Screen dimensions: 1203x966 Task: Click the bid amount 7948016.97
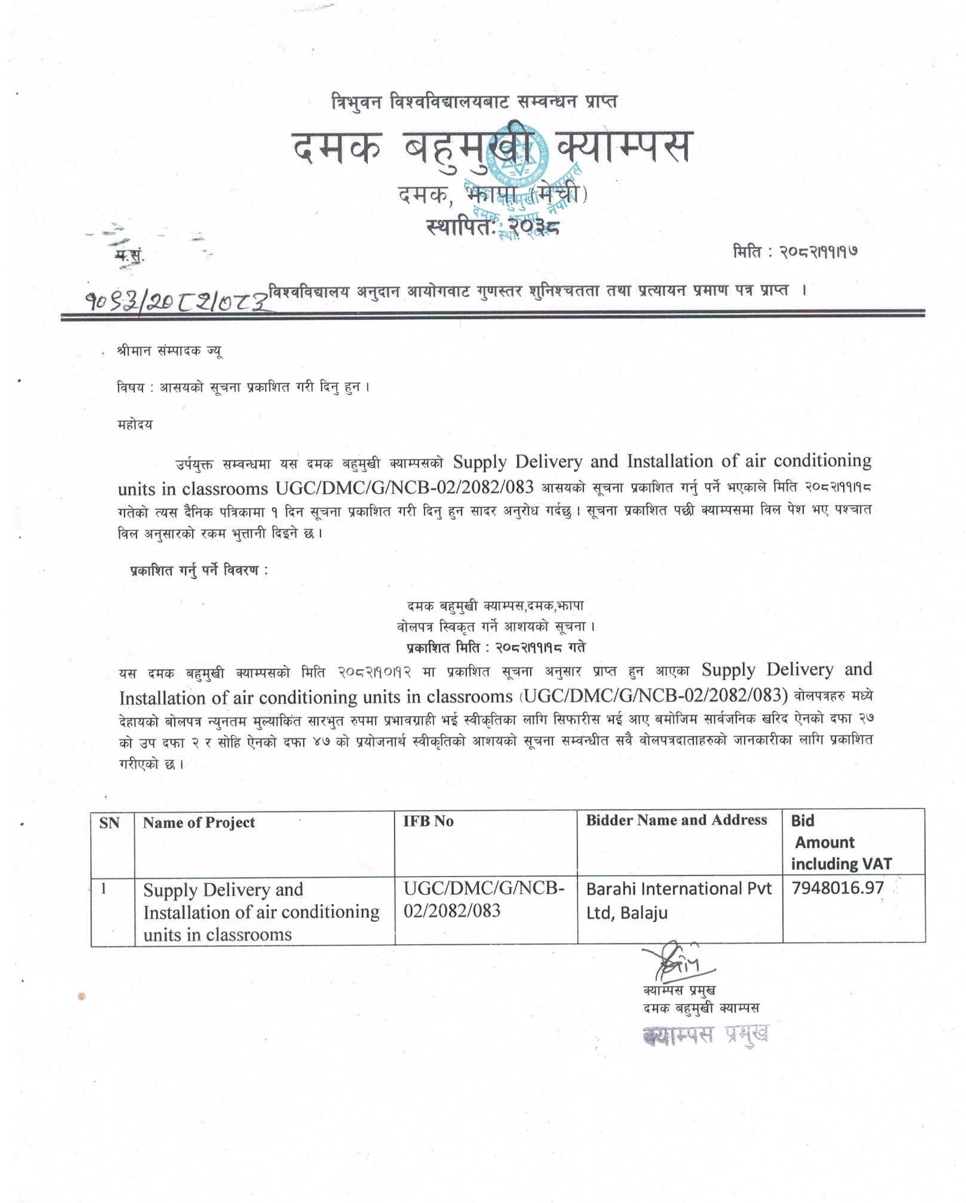(837, 888)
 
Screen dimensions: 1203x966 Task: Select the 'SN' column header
(109, 824)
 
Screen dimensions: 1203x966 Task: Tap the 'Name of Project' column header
(199, 823)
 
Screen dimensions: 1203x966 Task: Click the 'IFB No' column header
(428, 821)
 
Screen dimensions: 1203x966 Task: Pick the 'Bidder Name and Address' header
(676, 820)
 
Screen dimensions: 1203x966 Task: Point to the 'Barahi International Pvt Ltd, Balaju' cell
(679, 901)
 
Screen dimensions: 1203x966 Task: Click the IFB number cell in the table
(483, 899)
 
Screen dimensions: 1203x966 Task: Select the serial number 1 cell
(104, 889)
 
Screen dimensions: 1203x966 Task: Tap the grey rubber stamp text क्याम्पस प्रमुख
(706, 1034)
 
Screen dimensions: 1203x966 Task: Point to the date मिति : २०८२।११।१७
(795, 252)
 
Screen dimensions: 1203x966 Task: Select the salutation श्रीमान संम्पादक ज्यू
(170, 351)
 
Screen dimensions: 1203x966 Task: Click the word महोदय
(135, 425)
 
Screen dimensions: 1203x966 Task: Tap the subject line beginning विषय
(244, 387)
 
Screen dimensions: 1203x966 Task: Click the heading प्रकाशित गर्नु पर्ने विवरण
(199, 570)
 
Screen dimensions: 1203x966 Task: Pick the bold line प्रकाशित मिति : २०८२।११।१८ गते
(495, 648)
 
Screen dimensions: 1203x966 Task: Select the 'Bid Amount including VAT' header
(841, 842)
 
